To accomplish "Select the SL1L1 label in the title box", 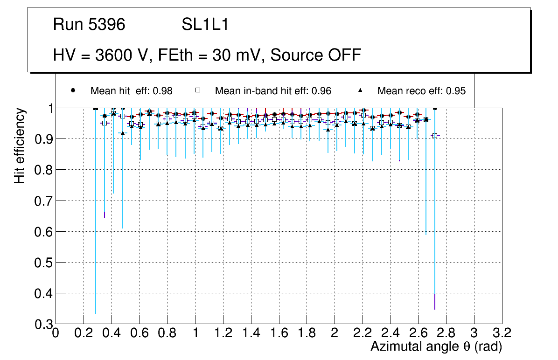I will click(205, 25).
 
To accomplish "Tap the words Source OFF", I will click(316, 55).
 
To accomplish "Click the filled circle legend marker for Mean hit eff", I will click(73, 90).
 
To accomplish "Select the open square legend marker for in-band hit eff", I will click(197, 90).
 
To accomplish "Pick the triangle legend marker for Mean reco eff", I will click(361, 90).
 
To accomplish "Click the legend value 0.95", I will click(456, 91).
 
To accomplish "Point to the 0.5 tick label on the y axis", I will click(43, 263).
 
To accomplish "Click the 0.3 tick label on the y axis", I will click(43, 324).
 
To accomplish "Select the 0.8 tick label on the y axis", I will click(43, 170).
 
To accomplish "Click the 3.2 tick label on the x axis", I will click(502, 333).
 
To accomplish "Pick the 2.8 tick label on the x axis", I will click(446, 333).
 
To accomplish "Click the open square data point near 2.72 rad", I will click(435, 136).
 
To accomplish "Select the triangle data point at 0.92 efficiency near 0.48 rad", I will click(123, 133).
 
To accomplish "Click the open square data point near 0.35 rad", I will click(105, 123).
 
